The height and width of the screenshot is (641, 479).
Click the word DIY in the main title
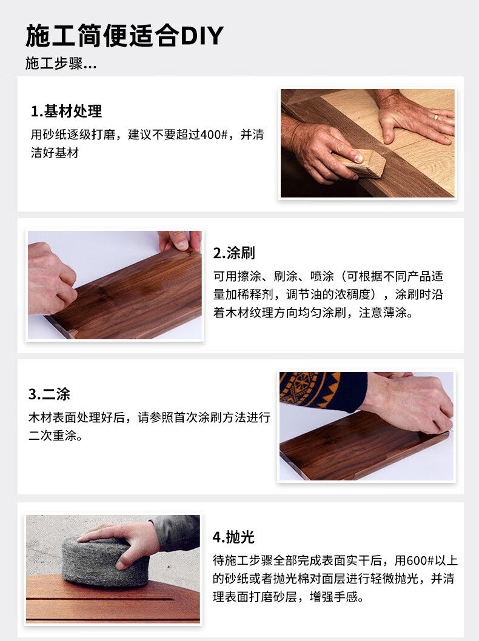[x=202, y=36]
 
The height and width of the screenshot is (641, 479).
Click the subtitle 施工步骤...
[x=54, y=64]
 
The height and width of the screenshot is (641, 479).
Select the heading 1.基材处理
[x=66, y=111]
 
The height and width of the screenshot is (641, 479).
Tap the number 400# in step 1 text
[x=210, y=135]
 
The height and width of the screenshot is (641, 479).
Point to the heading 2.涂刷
[x=234, y=253]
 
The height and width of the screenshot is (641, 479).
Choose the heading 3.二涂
[x=49, y=394]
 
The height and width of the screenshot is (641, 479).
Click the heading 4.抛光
[x=233, y=537]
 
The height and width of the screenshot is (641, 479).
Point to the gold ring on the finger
[x=436, y=117]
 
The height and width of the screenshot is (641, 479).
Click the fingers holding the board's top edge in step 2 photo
[x=180, y=241]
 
